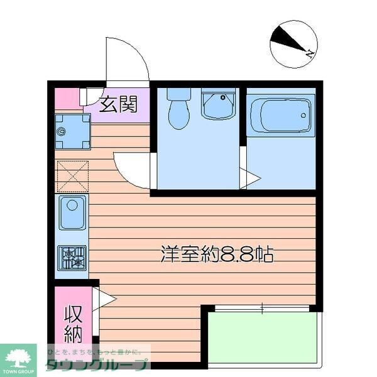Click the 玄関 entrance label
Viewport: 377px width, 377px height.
(118, 104)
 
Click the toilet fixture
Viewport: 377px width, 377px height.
(179, 107)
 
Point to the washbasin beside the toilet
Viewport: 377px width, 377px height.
(218, 104)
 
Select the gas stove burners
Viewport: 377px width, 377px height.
(72, 257)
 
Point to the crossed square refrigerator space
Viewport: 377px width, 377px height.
(72, 177)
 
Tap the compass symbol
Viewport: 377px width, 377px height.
(293, 44)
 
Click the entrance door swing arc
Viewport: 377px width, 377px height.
(129, 63)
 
